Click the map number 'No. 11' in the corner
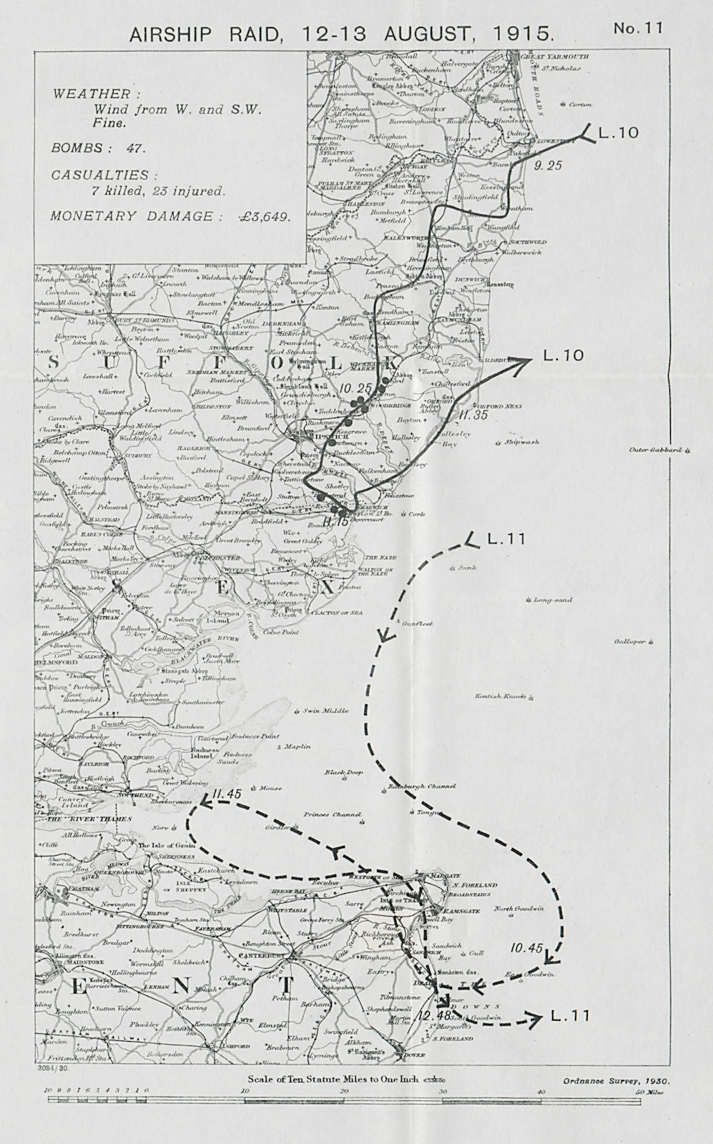pos(638,28)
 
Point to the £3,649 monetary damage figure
pos(264,217)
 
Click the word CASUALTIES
pos(100,175)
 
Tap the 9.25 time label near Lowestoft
pos(548,165)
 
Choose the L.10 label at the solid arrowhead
pos(564,355)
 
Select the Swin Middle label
pos(325,711)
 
